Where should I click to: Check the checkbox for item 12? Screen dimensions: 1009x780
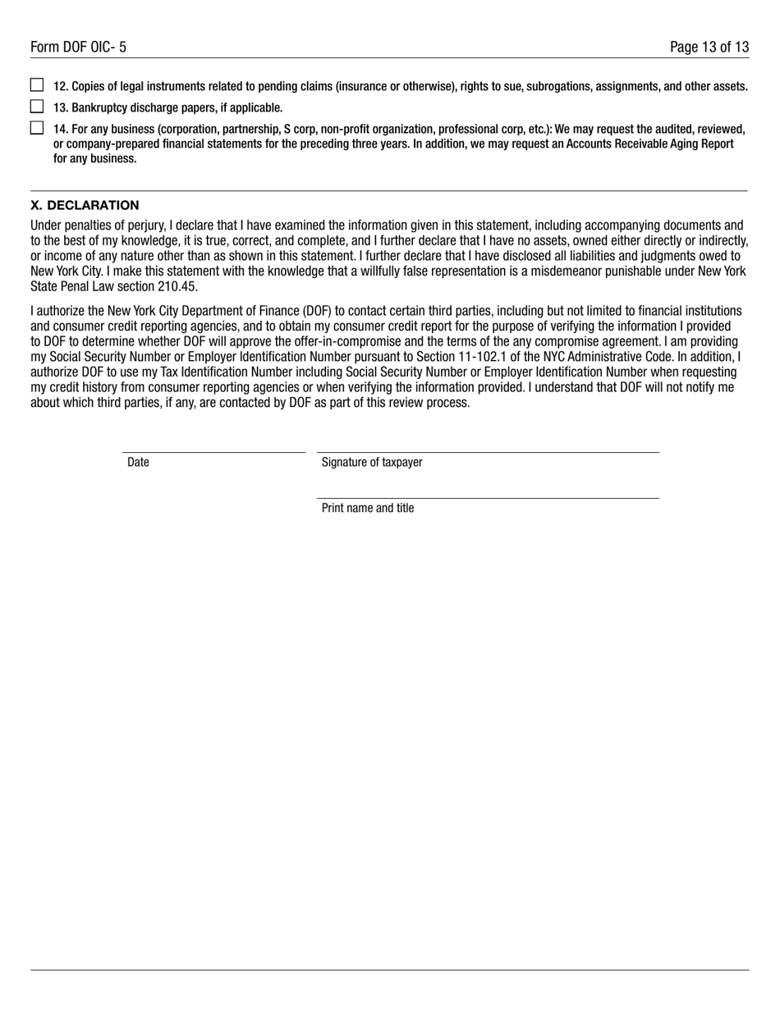[37, 85]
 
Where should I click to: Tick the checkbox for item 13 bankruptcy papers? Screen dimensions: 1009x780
[37, 107]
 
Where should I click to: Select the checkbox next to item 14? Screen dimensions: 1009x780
[37, 128]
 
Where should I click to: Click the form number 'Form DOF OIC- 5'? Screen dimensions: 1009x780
[78, 48]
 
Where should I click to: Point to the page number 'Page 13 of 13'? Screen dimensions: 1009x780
[709, 48]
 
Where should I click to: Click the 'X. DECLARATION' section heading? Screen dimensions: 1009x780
[85, 205]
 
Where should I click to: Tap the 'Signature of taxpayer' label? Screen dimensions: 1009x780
[372, 463]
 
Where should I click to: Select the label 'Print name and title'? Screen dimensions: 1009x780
[368, 509]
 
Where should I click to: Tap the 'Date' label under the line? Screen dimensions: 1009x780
[138, 463]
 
